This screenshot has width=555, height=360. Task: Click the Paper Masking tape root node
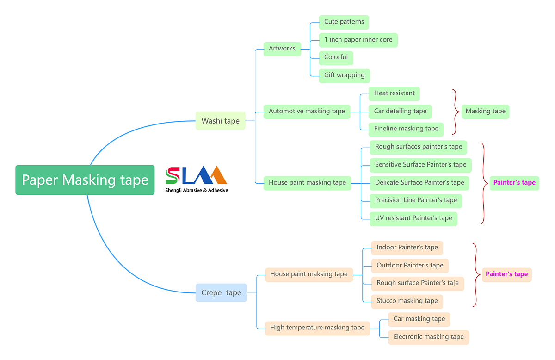point(85,180)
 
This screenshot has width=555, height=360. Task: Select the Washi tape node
point(220,121)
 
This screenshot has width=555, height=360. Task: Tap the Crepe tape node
point(221,292)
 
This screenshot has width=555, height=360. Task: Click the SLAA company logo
point(196,179)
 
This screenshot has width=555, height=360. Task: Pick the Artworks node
point(282,48)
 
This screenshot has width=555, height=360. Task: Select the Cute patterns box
point(344,22)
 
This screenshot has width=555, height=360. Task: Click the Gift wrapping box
point(344,75)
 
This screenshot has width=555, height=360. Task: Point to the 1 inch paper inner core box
point(358,40)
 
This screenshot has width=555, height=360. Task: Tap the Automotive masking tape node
point(307,111)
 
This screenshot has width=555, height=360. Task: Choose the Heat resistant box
point(394,93)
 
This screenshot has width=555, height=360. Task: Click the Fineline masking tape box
point(406,129)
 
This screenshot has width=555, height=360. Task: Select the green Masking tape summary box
point(485,111)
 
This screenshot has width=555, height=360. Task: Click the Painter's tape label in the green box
point(514,182)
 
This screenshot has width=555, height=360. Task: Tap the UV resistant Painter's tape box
point(413,218)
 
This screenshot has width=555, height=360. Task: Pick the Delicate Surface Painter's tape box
point(419,182)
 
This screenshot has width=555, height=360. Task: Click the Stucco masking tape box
point(407,301)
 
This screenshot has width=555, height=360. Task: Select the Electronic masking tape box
point(428,337)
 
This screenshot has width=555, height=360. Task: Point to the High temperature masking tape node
point(317,328)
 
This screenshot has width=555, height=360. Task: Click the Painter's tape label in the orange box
point(506,274)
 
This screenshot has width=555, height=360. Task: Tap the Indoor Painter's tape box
point(407,247)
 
